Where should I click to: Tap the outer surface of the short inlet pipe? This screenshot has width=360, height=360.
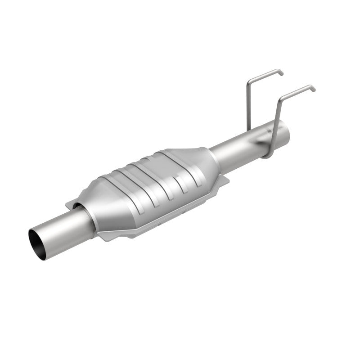[63, 229]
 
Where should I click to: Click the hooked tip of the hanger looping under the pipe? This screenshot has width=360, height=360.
[313, 88]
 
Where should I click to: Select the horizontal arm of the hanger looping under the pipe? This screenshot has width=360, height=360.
[297, 90]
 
